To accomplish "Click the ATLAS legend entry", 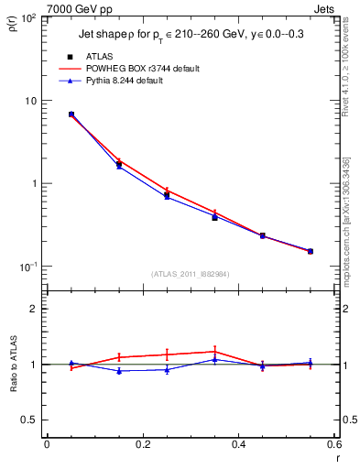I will [x=99, y=56].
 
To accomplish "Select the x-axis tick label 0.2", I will [x=142, y=444].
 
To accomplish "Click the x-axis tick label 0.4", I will [x=238, y=444].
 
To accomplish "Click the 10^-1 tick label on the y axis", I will [x=27, y=267].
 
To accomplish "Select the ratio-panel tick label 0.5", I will [x=30, y=420].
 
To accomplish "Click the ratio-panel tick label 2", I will [x=35, y=309].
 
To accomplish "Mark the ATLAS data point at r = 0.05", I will [x=71, y=115].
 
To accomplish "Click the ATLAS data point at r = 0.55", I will [x=311, y=251].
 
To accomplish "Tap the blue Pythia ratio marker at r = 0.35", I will [x=214, y=359].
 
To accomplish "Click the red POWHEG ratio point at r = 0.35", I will [x=214, y=351].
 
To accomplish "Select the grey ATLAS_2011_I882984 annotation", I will [x=191, y=273].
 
